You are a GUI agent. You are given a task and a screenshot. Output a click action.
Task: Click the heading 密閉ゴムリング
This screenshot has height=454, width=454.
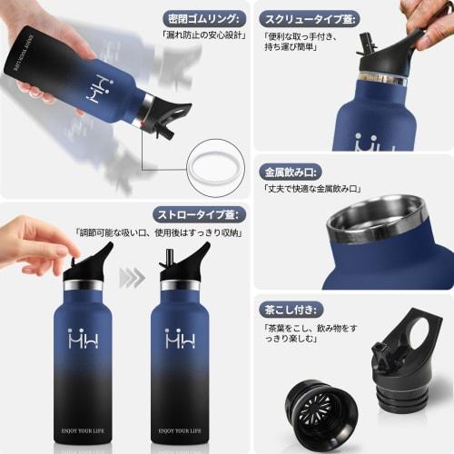tap(206, 19)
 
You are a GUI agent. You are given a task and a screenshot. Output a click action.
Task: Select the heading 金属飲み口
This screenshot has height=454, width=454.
tap(289, 171)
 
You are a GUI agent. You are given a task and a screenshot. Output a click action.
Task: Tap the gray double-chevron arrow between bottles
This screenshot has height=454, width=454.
tap(133, 277)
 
